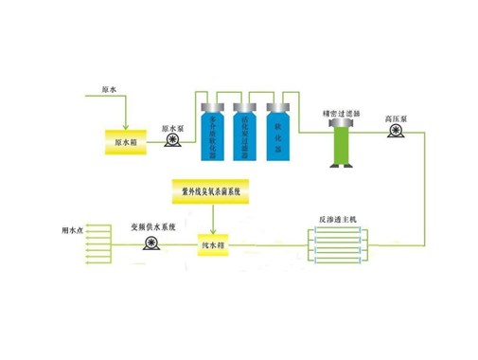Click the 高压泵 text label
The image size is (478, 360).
(396, 119)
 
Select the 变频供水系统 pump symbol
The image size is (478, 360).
(150, 245)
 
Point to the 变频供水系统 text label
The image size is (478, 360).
(152, 228)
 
